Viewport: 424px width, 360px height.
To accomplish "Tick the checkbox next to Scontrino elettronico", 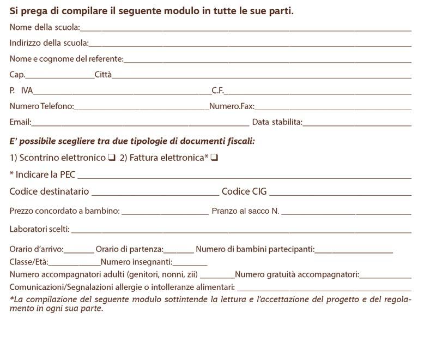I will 111,158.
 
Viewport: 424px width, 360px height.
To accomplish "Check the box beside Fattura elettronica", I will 214,158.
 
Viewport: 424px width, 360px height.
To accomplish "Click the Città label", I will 103,75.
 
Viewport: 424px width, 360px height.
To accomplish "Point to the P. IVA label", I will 21,91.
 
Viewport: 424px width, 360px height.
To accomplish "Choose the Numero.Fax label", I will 232,106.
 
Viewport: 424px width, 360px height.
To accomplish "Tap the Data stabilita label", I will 277,122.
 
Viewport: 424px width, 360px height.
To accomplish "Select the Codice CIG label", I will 244,191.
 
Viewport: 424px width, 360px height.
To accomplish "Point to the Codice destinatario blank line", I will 155,194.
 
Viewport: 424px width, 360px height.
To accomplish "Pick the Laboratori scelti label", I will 40,229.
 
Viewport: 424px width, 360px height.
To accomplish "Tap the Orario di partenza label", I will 130,249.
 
